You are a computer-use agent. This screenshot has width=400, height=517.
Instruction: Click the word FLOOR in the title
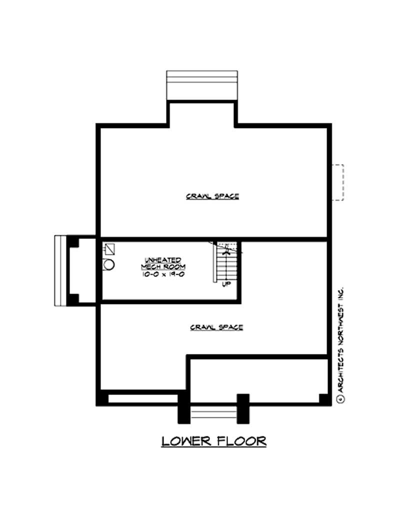[x=240, y=441]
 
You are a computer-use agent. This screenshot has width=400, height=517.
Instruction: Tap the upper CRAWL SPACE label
[x=212, y=196]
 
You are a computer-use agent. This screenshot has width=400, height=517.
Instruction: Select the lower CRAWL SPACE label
[x=216, y=327]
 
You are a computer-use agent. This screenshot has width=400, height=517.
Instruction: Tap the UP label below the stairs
[x=226, y=285]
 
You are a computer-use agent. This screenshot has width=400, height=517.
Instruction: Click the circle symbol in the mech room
[x=109, y=264]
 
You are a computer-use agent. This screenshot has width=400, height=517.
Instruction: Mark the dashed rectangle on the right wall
[x=338, y=182]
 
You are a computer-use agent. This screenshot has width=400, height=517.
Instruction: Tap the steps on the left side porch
[x=60, y=270]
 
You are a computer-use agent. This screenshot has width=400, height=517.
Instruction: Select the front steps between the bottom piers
[x=214, y=414]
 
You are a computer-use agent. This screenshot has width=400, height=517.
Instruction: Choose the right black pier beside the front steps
[x=243, y=408]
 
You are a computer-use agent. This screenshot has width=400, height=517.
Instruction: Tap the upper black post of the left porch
[x=73, y=242]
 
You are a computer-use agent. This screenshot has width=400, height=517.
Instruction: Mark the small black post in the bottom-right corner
[x=324, y=398]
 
